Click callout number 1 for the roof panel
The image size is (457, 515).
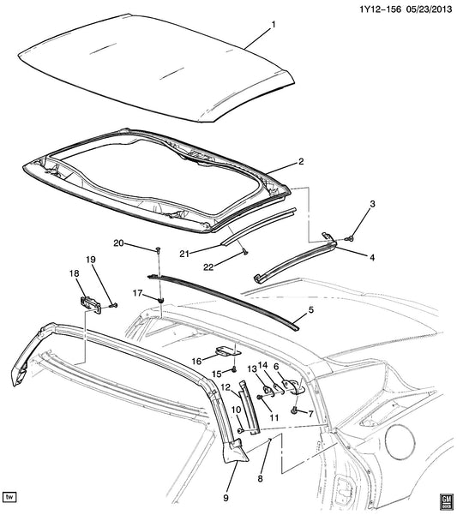pyautogui.click(x=274, y=24)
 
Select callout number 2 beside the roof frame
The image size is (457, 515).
pyautogui.click(x=301, y=161)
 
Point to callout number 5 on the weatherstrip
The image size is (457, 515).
pyautogui.click(x=311, y=309)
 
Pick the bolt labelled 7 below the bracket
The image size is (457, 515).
pyautogui.click(x=295, y=410)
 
